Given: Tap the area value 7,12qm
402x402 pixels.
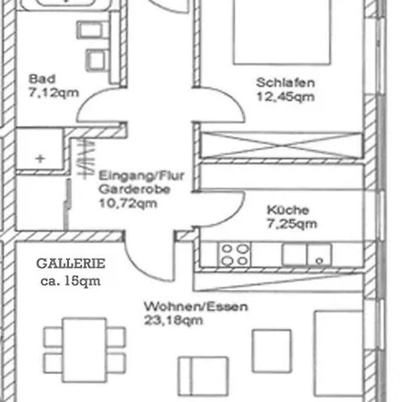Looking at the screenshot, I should (x=49, y=91).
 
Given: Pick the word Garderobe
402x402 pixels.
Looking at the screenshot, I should (x=126, y=189).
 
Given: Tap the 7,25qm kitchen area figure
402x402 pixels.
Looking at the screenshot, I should (x=291, y=225).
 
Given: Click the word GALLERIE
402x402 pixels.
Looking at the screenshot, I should (x=71, y=264).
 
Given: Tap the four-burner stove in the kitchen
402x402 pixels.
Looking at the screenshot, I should (x=235, y=255).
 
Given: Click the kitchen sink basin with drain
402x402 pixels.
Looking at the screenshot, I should (x=319, y=255).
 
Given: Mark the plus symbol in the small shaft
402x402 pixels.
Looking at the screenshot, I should (x=39, y=157).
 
